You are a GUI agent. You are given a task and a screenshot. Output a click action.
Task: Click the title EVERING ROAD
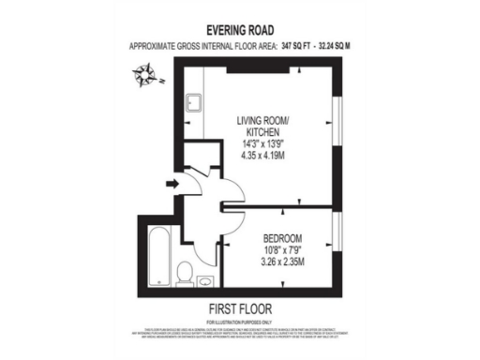(240, 30)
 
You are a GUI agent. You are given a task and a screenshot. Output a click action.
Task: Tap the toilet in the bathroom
(186, 273)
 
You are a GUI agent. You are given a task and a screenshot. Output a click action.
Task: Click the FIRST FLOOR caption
(239, 307)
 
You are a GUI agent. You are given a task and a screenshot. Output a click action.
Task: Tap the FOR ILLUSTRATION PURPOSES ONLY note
(239, 320)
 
